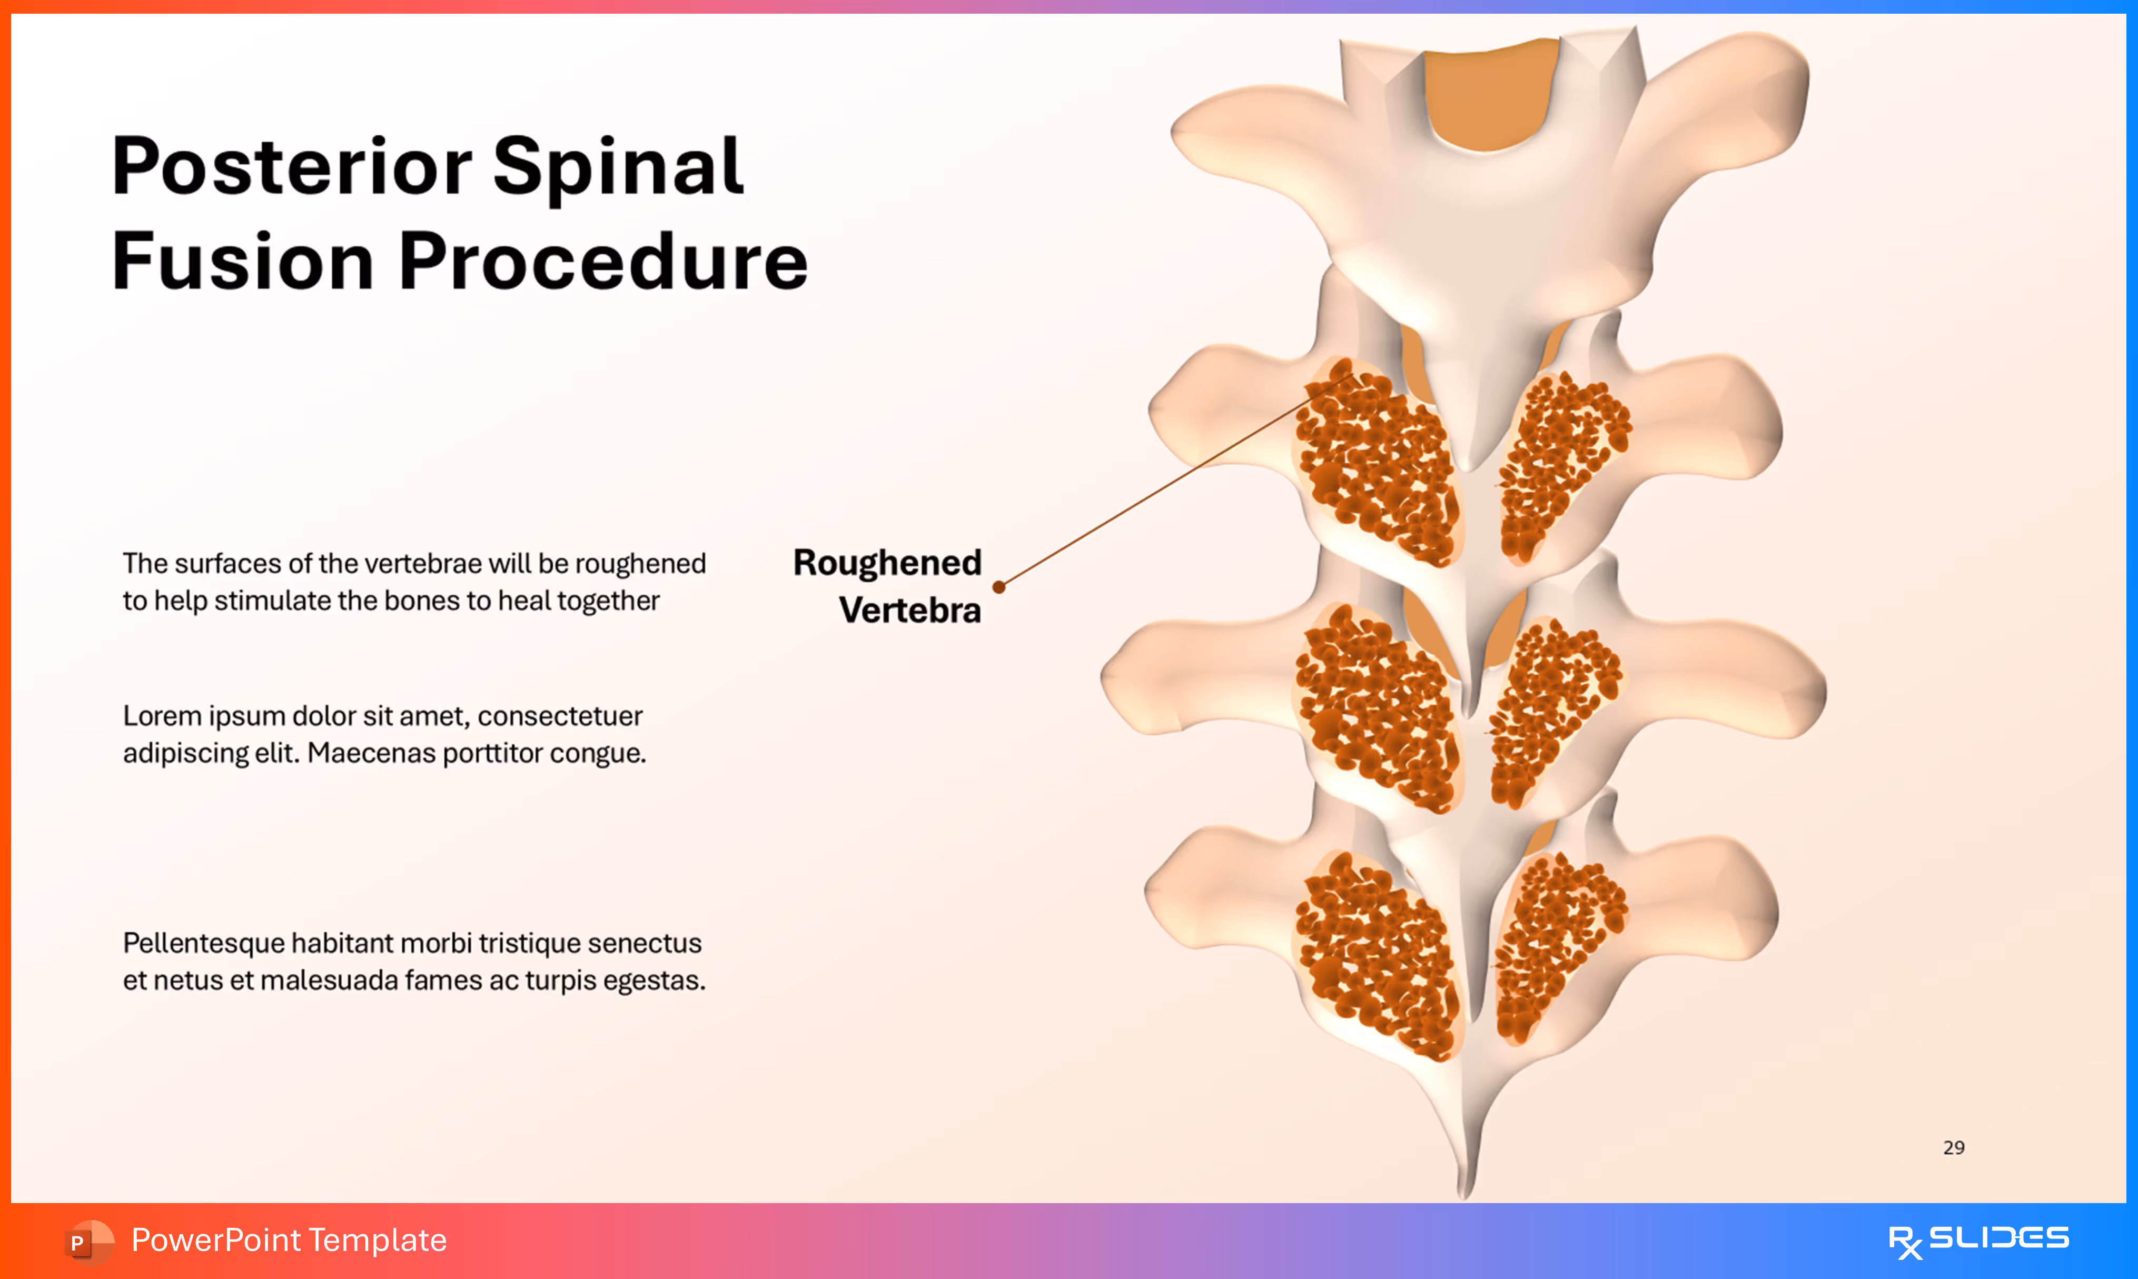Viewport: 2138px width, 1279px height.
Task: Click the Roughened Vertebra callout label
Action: (x=888, y=586)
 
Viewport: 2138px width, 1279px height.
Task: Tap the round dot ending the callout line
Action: (x=999, y=587)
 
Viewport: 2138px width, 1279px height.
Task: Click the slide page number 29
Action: (x=1954, y=1147)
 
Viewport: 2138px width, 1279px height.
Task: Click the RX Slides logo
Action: (x=1978, y=1240)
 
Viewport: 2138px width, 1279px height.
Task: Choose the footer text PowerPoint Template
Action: (x=289, y=1240)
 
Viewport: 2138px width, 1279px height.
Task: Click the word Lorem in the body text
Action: (x=161, y=716)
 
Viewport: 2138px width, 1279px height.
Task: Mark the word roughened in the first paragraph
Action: (x=640, y=564)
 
